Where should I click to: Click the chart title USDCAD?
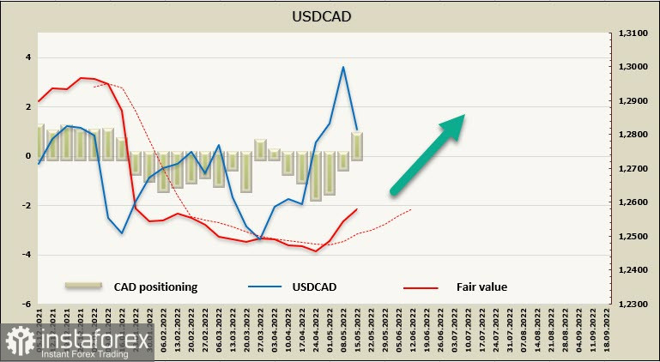coord(330,16)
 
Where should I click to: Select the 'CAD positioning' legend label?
coord(155,287)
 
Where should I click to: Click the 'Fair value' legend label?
coord(481,287)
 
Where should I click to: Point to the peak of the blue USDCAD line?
coord(343,67)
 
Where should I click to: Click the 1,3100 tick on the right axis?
coord(632,33)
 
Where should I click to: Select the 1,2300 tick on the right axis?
coord(632,304)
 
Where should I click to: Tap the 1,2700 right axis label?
coord(632,169)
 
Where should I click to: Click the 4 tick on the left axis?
coord(27,57)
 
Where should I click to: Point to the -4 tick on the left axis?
coord(26,255)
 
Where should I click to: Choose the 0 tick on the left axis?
coord(27,156)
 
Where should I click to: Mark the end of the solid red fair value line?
coord(357,208)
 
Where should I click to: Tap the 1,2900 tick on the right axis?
coord(632,101)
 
